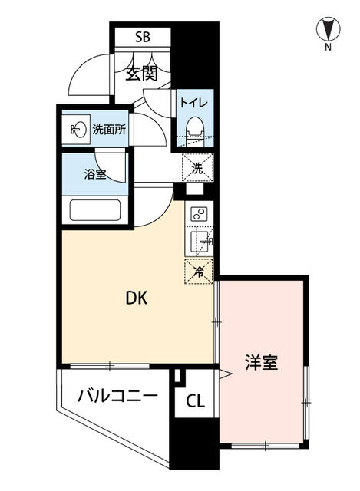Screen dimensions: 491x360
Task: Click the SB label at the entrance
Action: [x=143, y=37]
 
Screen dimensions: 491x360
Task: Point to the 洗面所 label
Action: [x=109, y=130]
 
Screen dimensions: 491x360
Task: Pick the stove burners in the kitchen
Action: [x=199, y=215]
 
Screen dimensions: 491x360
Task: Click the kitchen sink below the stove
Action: [x=199, y=242]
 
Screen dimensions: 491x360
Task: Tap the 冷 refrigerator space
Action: [x=198, y=271]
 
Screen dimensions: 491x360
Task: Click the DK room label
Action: [x=137, y=298]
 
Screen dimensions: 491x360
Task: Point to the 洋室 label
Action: [x=261, y=362]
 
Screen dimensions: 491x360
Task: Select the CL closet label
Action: [x=196, y=400]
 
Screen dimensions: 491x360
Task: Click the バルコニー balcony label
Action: [x=117, y=396]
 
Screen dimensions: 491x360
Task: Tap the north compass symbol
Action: [x=328, y=30]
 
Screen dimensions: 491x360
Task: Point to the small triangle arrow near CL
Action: [x=224, y=375]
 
